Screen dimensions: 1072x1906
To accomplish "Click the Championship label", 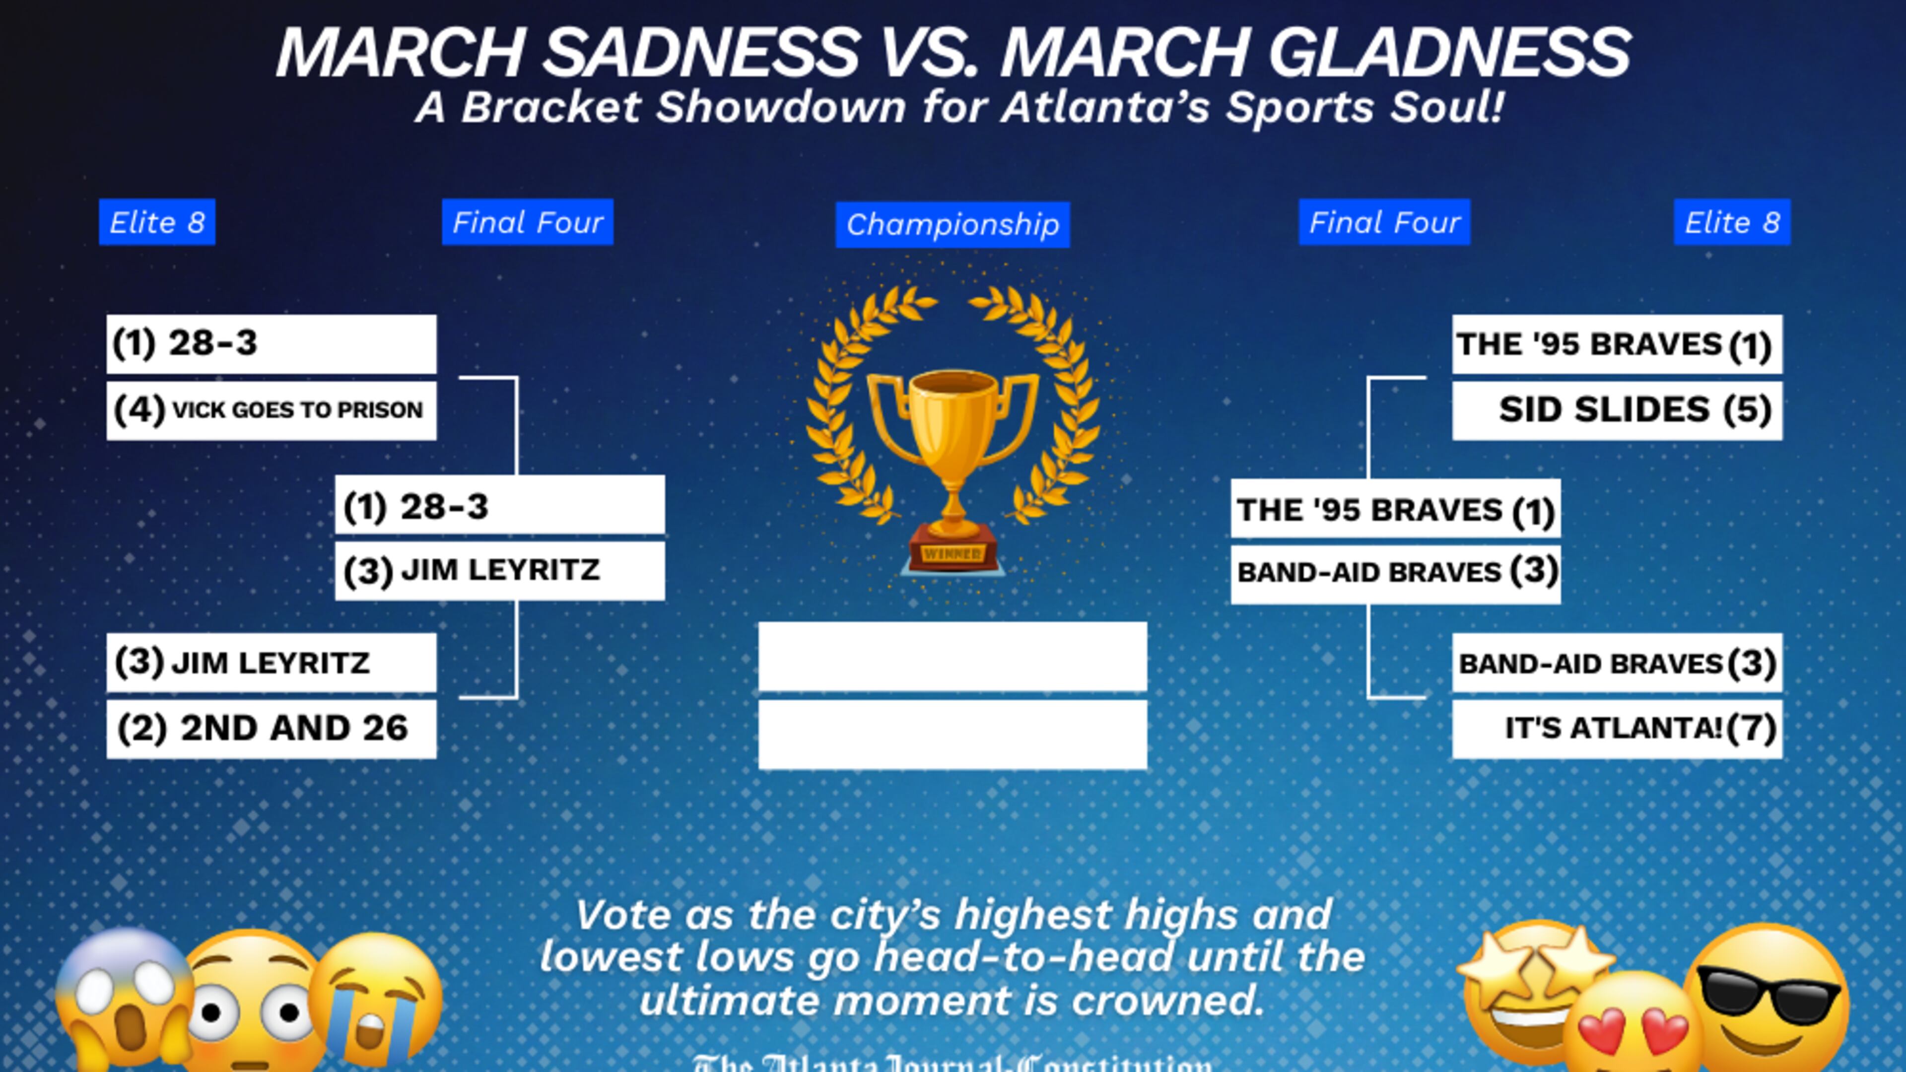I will click(x=953, y=224).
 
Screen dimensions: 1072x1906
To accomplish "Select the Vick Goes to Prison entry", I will click(x=271, y=410).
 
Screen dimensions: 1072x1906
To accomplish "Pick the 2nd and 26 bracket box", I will click(x=271, y=729).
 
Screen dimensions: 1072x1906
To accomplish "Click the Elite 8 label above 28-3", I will click(x=157, y=222).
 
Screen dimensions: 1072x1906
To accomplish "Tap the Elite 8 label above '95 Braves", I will click(x=1731, y=222).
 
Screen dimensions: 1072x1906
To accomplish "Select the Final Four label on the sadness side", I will click(x=528, y=222).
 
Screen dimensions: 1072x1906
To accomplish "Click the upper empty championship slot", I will click(x=953, y=656).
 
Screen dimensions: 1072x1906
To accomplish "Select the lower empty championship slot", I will click(x=953, y=734).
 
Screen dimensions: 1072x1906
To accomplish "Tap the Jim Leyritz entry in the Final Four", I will click(x=499, y=570).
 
